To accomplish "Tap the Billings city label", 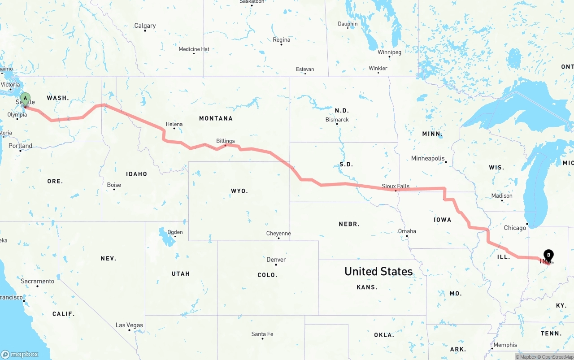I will [226, 141].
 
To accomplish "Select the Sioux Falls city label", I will [396, 186].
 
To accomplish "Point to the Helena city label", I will [174, 124].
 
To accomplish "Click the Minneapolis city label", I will [428, 158].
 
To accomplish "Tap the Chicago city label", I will [515, 228].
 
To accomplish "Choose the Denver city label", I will [276, 260].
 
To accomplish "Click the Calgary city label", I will [145, 26].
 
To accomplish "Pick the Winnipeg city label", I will [389, 52].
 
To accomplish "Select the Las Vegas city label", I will [130, 325].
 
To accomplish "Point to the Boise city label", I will [114, 185].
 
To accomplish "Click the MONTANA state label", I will [216, 118].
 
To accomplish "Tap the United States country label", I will [378, 271].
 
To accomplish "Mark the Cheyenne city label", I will [278, 233].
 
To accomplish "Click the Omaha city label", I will [407, 231].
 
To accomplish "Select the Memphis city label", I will [505, 345].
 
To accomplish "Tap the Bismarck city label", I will [337, 120].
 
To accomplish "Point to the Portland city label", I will [21, 146].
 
